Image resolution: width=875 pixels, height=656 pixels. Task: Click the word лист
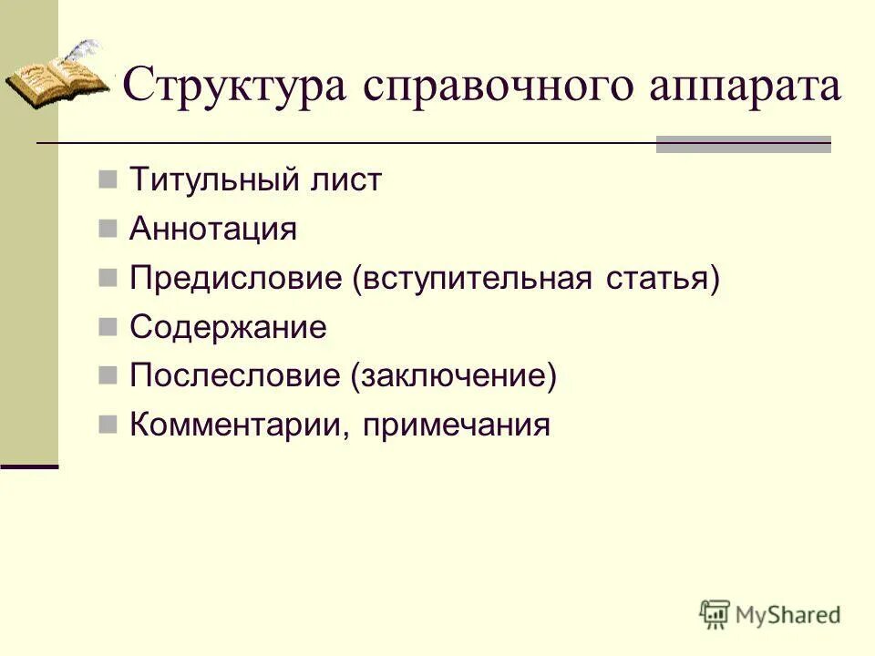click(x=352, y=179)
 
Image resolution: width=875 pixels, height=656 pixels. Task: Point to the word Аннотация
click(x=213, y=229)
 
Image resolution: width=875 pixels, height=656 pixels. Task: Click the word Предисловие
click(x=235, y=278)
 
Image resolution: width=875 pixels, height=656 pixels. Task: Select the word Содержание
click(x=228, y=327)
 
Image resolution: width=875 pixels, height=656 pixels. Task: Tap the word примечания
click(x=457, y=425)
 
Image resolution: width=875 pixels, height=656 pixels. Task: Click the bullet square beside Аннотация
click(x=108, y=228)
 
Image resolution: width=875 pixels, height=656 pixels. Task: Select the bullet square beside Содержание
click(x=108, y=326)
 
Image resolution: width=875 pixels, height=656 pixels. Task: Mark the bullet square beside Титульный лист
click(x=108, y=179)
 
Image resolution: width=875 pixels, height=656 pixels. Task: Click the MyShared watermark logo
click(x=771, y=614)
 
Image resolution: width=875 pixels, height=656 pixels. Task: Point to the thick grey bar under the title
click(x=743, y=144)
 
